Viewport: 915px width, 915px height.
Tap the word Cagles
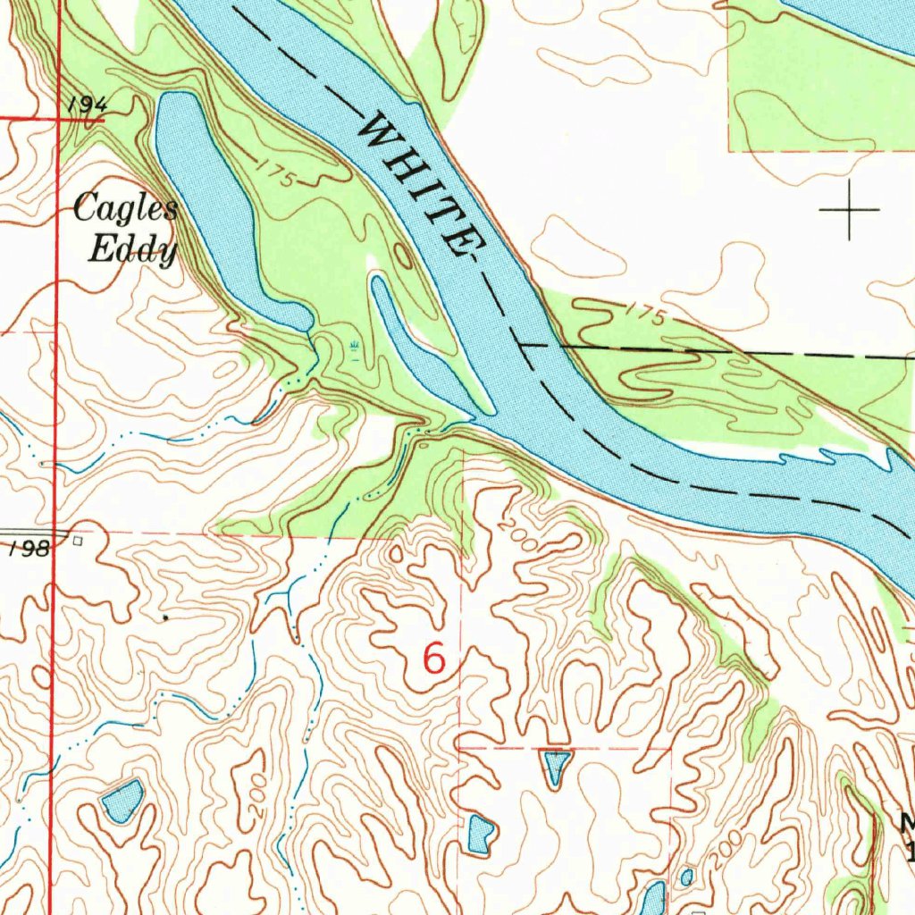coord(125,210)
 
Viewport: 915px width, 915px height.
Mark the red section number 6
coord(433,659)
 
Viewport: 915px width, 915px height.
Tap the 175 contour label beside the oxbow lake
coord(278,173)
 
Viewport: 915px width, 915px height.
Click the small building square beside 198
coord(79,540)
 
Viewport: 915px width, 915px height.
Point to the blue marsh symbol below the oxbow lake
coord(355,345)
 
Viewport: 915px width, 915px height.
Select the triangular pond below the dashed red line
coord(556,766)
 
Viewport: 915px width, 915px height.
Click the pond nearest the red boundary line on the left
coord(122,800)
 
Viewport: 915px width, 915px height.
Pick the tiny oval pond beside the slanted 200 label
coord(686,877)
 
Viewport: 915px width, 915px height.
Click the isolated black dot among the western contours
coord(165,617)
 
